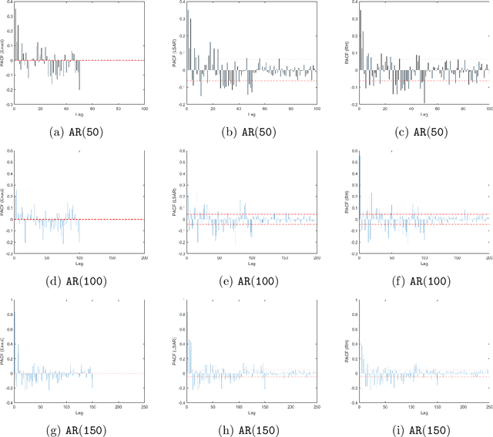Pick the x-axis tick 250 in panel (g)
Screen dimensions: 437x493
click(x=144, y=405)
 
